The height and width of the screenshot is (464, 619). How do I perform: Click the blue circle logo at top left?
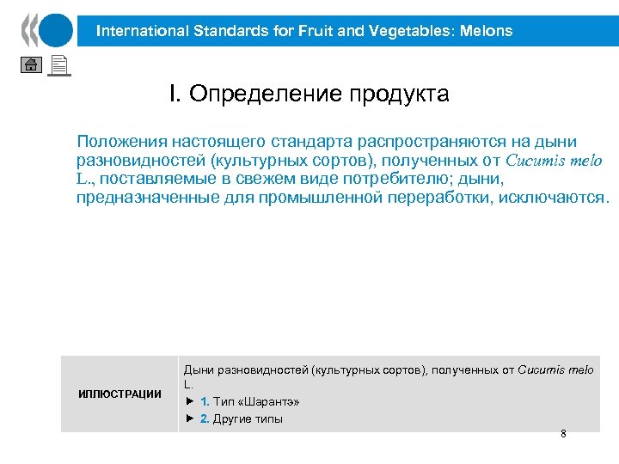pos(55,30)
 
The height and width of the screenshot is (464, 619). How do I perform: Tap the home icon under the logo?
pos(30,66)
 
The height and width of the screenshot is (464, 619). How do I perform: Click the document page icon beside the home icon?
pos(58,65)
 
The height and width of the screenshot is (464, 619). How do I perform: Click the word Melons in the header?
pos(487,32)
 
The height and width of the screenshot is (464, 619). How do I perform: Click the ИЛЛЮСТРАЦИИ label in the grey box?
pos(120,394)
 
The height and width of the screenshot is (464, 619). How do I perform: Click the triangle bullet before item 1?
pos(190,402)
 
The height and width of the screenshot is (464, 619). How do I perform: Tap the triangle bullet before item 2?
pos(190,419)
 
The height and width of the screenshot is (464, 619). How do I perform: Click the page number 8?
pos(563,434)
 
